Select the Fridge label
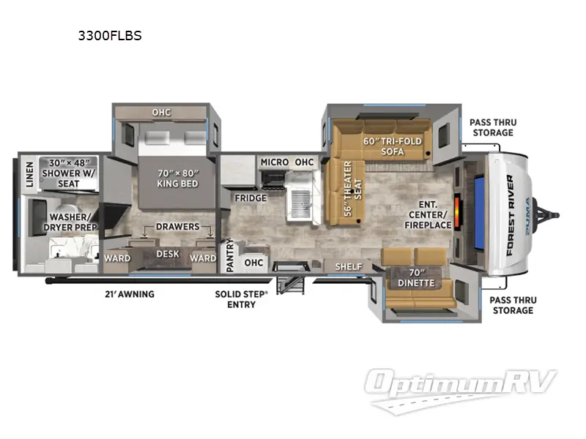(250, 198)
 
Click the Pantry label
(229, 256)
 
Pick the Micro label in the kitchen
(274, 161)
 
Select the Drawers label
(178, 226)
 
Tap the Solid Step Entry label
(242, 299)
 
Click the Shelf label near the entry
(349, 266)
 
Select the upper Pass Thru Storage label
(492, 127)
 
